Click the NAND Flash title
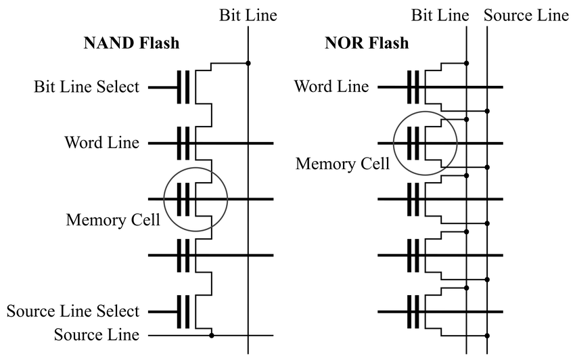(x=131, y=43)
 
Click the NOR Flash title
(x=367, y=43)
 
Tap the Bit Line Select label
(x=87, y=87)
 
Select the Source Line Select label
(x=73, y=311)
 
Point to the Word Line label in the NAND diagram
(x=102, y=142)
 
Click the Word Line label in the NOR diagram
(x=331, y=86)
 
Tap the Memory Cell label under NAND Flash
(x=113, y=220)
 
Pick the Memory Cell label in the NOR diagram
(x=342, y=164)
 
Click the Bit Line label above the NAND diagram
(x=248, y=16)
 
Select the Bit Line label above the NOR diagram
(x=440, y=16)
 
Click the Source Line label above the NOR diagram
(x=526, y=16)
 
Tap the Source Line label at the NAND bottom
(x=97, y=335)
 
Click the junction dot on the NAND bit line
(x=248, y=63)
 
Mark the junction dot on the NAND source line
(x=212, y=336)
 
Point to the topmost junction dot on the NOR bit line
(x=467, y=63)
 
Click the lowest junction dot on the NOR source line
(x=487, y=336)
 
